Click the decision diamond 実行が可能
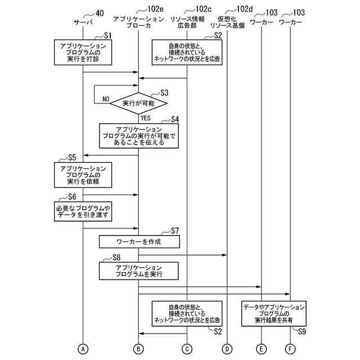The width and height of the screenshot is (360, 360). click(138, 104)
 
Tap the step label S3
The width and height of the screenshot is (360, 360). click(164, 92)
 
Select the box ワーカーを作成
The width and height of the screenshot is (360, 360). click(139, 241)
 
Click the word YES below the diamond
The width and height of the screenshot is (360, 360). click(145, 118)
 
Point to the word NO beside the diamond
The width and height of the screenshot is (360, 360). click(105, 99)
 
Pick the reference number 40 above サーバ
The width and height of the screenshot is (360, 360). click(100, 12)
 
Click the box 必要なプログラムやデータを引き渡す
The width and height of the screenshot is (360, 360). click(83, 211)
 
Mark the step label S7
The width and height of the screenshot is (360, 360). click(174, 230)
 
